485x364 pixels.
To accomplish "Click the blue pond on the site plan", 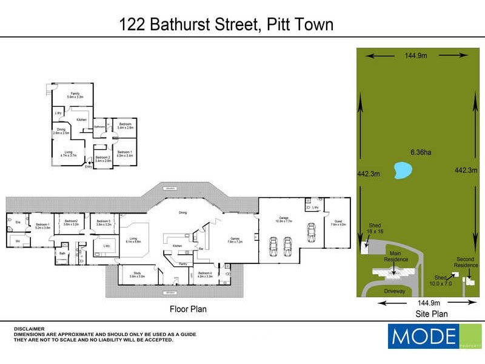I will [x=400, y=170].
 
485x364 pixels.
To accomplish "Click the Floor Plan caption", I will [x=188, y=309].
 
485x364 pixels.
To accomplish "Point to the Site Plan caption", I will [x=432, y=314].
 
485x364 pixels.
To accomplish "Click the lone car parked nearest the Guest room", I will [x=312, y=232].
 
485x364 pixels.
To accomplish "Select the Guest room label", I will [x=338, y=222].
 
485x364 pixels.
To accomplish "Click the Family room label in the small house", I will [x=75, y=95].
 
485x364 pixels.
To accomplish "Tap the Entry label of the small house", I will [x=89, y=166].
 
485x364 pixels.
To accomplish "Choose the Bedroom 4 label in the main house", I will [x=205, y=274].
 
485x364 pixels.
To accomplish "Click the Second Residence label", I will [x=466, y=262].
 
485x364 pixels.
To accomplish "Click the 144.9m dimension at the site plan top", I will [x=416, y=56].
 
